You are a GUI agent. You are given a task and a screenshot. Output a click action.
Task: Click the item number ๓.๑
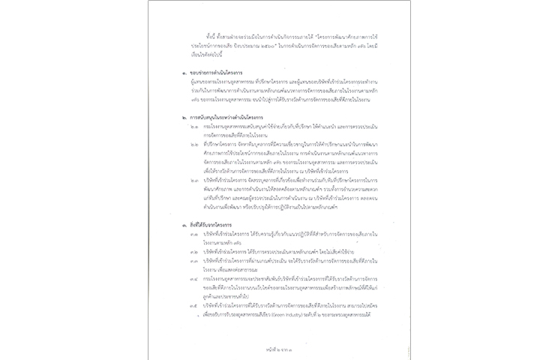point(193,236)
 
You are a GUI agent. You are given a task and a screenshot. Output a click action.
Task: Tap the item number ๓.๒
point(193,253)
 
